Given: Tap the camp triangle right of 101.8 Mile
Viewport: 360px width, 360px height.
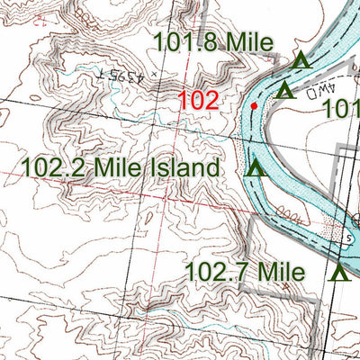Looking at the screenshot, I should [x=301, y=60].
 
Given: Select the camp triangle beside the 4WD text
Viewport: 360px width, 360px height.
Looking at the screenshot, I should [x=285, y=90].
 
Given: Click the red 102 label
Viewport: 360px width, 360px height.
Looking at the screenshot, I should [x=198, y=100].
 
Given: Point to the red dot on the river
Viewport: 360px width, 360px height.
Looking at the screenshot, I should [x=255, y=106].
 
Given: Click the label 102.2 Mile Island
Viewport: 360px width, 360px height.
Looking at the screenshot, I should [x=120, y=167].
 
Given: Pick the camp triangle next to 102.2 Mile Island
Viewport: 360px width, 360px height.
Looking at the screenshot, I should [x=256, y=167].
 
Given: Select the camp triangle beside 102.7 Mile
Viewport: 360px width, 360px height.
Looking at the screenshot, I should [x=339, y=273].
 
